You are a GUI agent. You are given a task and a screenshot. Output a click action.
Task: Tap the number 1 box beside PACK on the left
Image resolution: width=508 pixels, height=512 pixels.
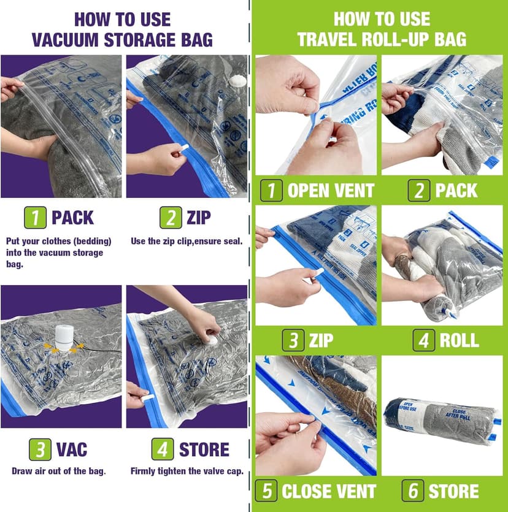click(x=34, y=218)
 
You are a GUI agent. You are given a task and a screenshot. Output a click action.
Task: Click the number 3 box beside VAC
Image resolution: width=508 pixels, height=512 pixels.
click(x=40, y=449)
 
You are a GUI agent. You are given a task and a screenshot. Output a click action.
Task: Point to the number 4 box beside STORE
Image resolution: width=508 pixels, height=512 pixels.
click(x=163, y=449)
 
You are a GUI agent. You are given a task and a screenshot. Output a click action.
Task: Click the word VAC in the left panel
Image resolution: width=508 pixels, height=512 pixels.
click(x=72, y=449)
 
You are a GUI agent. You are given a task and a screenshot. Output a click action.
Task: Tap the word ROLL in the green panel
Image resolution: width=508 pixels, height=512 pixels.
click(x=459, y=340)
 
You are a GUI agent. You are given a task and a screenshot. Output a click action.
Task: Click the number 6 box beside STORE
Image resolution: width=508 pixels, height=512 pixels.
click(x=413, y=491)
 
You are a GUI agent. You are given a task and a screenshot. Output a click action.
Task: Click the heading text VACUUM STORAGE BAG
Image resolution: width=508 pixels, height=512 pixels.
click(x=122, y=40)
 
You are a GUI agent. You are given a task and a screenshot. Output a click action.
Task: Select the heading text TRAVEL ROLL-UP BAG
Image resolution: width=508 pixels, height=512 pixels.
click(x=382, y=40)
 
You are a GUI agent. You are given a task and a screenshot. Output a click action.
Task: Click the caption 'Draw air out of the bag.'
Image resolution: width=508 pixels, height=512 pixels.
click(x=60, y=472)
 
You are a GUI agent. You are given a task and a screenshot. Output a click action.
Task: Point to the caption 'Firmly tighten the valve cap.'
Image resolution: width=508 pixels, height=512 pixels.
click(x=187, y=472)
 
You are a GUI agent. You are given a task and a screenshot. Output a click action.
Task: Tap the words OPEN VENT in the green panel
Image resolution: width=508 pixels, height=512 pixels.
click(x=331, y=190)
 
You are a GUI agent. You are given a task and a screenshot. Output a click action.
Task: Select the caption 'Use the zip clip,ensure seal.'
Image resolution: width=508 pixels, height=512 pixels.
click(x=187, y=241)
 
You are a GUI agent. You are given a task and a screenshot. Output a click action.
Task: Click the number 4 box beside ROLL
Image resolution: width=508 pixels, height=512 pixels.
click(x=423, y=340)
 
